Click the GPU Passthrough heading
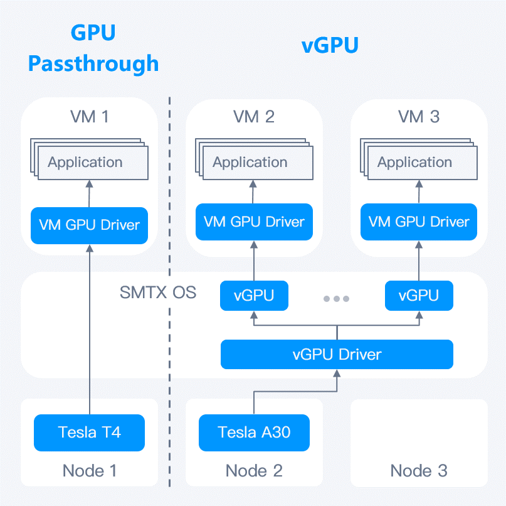point(93,48)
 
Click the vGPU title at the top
point(330,45)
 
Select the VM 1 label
point(90,117)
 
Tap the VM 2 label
point(254,117)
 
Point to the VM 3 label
point(419,117)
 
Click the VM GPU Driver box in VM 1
point(90,225)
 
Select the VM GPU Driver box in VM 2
point(254,222)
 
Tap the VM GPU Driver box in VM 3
point(419,222)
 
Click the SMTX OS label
point(158,293)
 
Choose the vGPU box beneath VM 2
point(254,295)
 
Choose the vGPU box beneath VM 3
point(419,295)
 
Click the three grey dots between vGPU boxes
point(336,299)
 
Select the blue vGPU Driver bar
point(337,355)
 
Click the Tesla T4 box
point(90,433)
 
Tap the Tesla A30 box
point(254,433)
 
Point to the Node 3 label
point(419,471)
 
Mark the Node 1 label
point(90,471)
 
